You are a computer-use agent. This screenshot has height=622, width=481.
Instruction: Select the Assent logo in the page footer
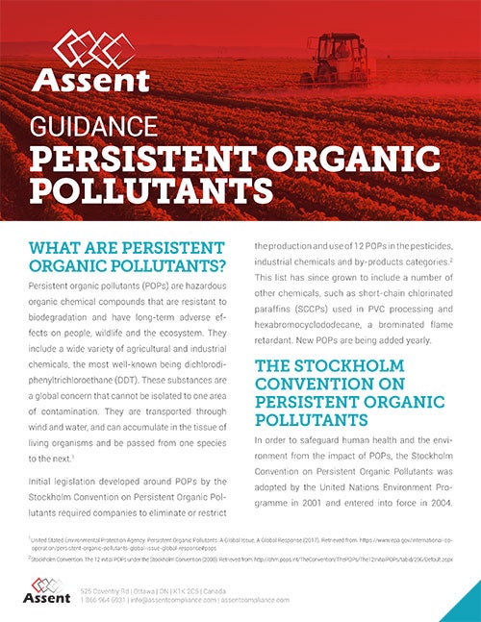pyautogui.click(x=50, y=589)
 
